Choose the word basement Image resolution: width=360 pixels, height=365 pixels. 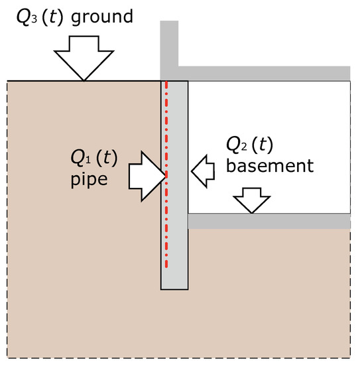tap(269, 165)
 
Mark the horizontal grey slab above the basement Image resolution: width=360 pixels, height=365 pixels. tap(265, 72)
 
